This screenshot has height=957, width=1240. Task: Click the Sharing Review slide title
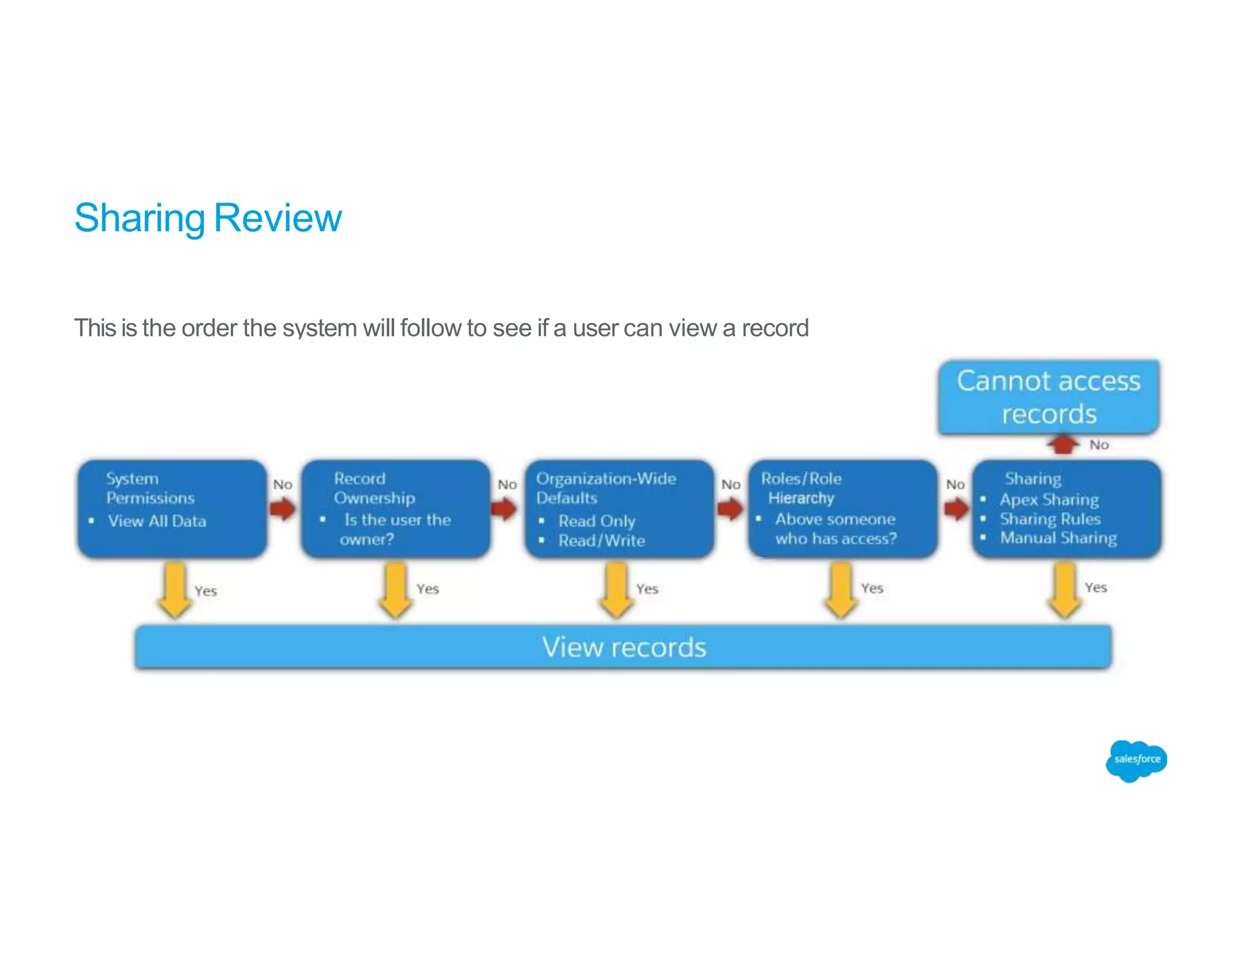tap(208, 218)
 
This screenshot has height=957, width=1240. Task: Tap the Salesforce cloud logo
tap(1136, 760)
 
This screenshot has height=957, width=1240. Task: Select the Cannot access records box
tap(1049, 397)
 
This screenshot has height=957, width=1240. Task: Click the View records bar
tap(623, 647)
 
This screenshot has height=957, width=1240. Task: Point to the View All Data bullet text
tap(157, 521)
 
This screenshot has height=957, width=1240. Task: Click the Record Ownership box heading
tap(374, 488)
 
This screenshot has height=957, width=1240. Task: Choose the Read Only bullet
tap(596, 521)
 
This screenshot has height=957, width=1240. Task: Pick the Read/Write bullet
tap(601, 540)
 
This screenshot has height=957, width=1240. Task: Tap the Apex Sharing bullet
tap(1049, 500)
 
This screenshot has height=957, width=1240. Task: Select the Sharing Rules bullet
tap(1049, 519)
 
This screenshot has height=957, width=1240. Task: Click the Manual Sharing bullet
tap(1058, 538)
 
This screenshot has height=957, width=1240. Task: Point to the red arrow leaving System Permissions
tap(283, 509)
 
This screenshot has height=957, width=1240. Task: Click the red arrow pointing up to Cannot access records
tap(1063, 445)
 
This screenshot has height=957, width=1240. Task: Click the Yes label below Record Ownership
tap(427, 589)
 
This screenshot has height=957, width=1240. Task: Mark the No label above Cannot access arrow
tap(1099, 445)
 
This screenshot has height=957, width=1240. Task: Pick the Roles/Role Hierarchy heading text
tap(801, 488)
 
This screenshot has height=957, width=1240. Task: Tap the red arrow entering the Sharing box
tap(957, 509)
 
